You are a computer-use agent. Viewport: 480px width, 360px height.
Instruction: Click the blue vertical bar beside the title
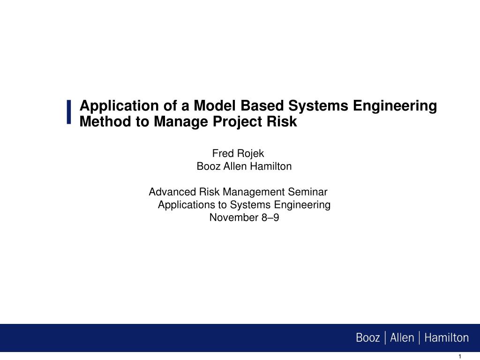69,112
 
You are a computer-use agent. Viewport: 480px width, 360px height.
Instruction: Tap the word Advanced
172,192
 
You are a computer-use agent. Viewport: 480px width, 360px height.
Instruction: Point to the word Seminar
307,192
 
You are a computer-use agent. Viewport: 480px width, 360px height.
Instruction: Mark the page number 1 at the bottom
459,357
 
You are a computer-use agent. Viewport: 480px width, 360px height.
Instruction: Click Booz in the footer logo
367,337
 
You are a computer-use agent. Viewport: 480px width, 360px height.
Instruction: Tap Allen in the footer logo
402,337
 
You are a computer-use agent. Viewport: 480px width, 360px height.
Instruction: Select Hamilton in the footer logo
446,337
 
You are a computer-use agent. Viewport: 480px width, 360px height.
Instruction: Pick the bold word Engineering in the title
395,106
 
